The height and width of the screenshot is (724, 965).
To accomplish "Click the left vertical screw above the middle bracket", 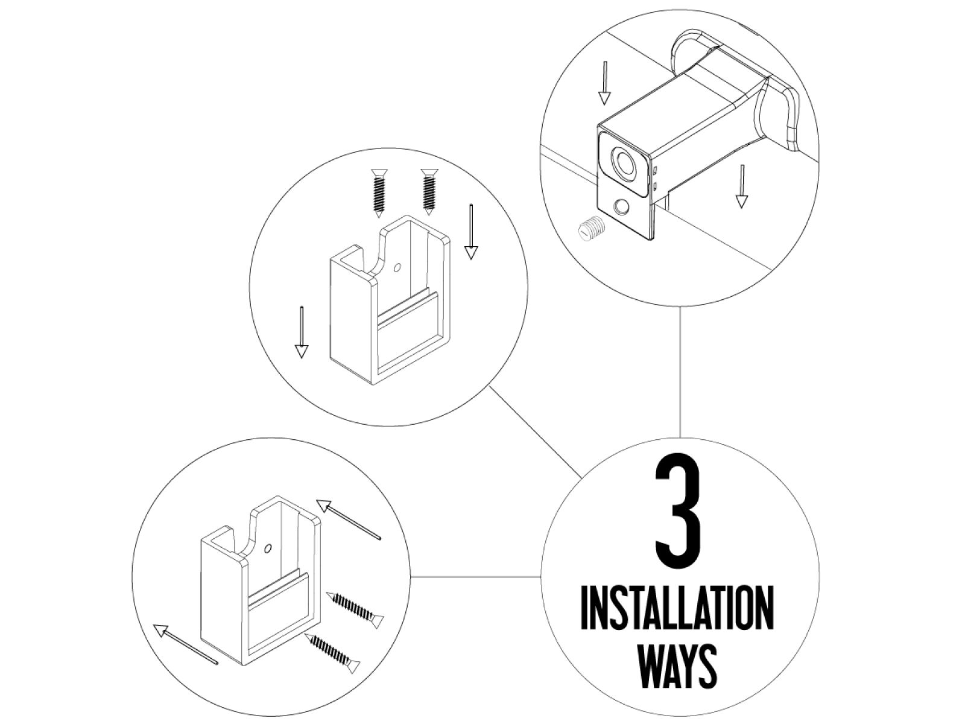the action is tap(379, 192).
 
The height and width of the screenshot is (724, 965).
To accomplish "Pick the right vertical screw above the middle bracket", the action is tap(429, 191).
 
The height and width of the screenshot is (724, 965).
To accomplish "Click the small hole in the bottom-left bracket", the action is tap(268, 549).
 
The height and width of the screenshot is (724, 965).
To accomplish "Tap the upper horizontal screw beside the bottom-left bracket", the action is tap(355, 609).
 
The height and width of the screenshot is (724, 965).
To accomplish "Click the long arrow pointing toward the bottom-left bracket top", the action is tap(349, 519).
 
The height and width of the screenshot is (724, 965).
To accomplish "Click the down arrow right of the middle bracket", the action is tap(471, 232).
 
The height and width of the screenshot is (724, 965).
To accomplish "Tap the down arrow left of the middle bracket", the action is tap(301, 332).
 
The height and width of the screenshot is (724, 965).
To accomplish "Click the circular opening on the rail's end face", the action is tap(623, 161).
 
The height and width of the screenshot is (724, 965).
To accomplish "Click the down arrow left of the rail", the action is tap(604, 82).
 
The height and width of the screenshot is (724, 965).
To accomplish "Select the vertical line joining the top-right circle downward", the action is tap(680, 372).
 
